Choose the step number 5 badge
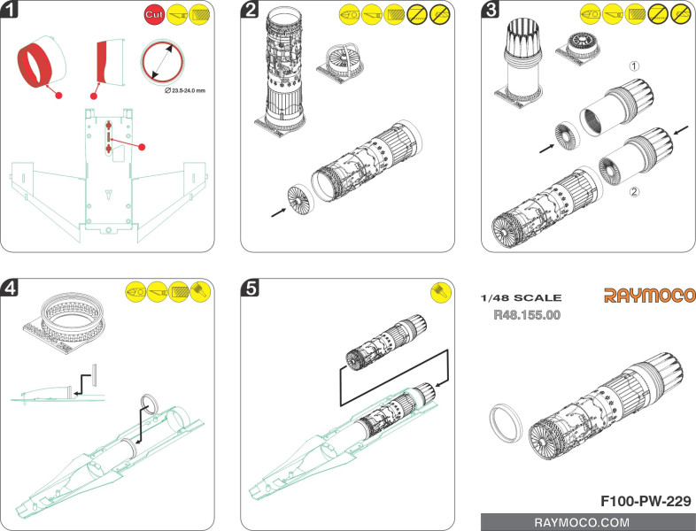[x=252, y=289]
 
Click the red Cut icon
[x=152, y=15]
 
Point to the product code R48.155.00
[x=527, y=314]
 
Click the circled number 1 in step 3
[x=633, y=65]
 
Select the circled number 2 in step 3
[x=633, y=192]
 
